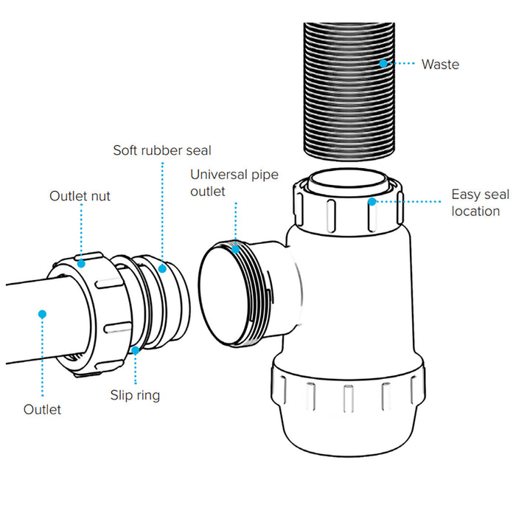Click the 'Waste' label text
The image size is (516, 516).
click(440, 65)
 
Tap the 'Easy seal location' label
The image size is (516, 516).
click(480, 203)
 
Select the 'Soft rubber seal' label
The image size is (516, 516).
click(162, 150)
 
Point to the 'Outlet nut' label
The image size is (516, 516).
click(81, 196)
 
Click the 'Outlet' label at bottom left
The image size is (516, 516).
click(43, 408)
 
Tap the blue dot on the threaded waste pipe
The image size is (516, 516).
click(383, 64)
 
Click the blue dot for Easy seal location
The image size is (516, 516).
click(373, 201)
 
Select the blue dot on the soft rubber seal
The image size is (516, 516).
click(162, 268)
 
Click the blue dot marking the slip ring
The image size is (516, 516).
click(137, 350)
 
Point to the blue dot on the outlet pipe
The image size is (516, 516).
click(43, 314)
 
